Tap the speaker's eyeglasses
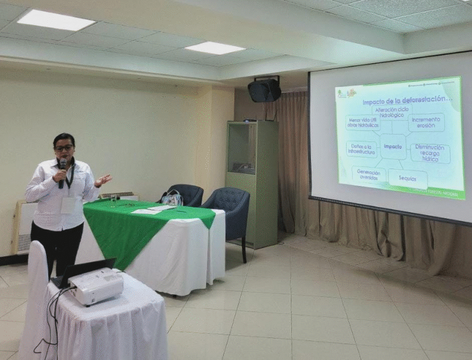coord(63,148)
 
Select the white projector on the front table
coord(96,286)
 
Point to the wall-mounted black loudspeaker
coord(264,90)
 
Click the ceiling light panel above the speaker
coord(55,20)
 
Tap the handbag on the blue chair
coord(173,198)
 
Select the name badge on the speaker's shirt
coord(68,205)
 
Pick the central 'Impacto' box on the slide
coord(393,146)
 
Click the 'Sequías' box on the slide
coord(407,178)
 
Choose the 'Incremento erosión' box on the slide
coord(426,122)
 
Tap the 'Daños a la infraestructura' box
coord(361,148)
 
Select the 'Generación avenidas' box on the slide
coord(369,174)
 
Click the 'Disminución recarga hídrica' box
coord(430,152)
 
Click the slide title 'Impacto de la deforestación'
coord(398,99)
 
